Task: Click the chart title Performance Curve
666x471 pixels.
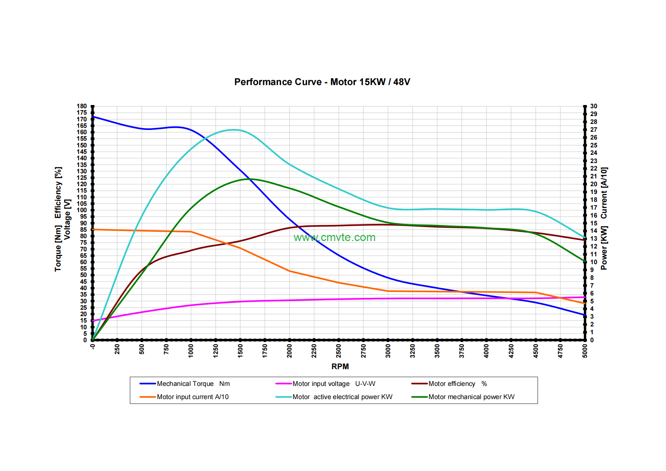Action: (322, 82)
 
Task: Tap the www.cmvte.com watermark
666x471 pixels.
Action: (334, 237)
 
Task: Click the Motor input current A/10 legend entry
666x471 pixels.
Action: (193, 397)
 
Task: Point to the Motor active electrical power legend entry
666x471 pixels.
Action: (342, 397)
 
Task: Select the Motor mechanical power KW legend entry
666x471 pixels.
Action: (471, 397)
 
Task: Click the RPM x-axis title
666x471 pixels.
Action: (340, 366)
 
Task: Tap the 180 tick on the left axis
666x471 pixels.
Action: (82, 106)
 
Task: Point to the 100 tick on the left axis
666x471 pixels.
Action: (82, 210)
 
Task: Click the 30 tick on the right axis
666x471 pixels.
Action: (594, 106)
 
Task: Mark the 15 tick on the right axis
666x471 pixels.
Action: (594, 223)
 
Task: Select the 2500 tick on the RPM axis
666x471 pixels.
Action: (339, 351)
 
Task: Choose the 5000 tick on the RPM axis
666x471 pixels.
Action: (585, 351)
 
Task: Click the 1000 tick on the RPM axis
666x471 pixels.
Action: (191, 351)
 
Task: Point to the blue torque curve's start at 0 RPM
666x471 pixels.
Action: (93, 117)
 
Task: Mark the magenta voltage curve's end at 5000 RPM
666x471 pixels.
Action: (584, 297)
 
